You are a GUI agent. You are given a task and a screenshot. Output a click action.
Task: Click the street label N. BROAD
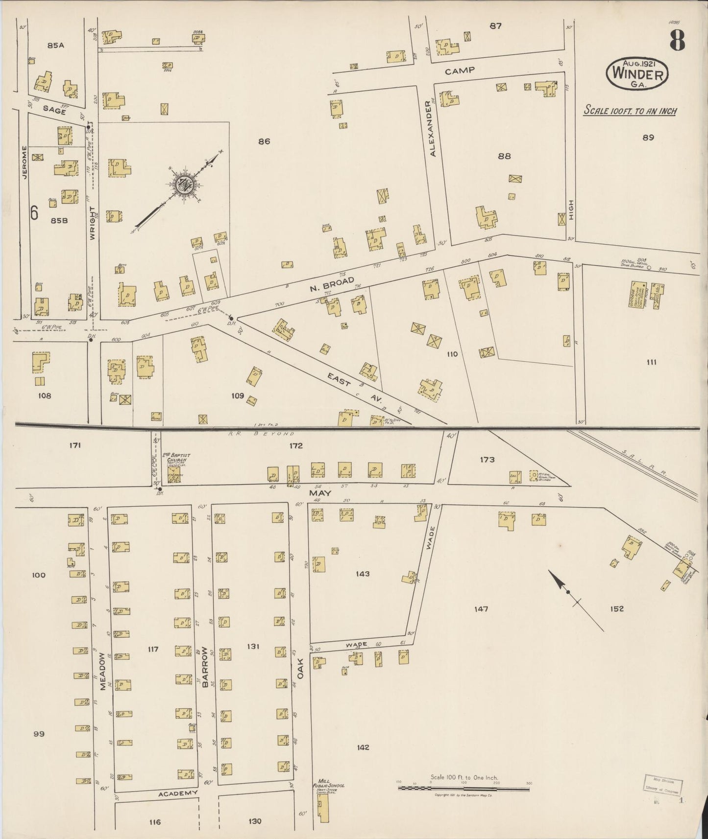coord(332,284)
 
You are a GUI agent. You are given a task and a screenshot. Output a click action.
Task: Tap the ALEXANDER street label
coord(433,128)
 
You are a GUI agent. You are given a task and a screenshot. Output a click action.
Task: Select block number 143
coord(363,574)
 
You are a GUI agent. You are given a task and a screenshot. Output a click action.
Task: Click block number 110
coord(452,353)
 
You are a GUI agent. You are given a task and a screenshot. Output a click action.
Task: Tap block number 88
coord(504,156)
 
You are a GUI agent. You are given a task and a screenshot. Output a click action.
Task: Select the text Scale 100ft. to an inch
coord(630,111)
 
